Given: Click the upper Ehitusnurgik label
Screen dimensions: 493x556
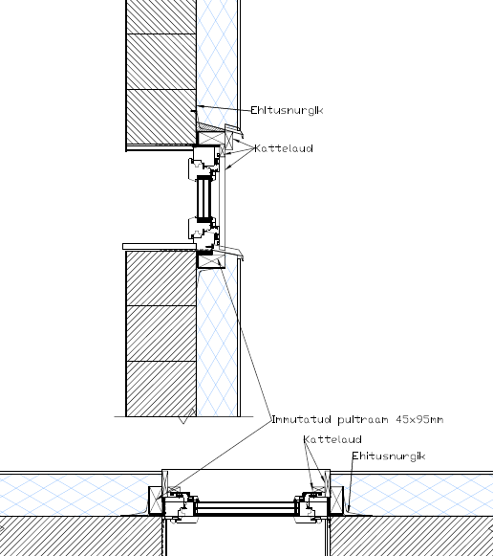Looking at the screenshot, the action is click(287, 110).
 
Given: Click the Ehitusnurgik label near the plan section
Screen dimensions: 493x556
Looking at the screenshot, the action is click(389, 456).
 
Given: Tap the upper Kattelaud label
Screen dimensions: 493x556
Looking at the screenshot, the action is click(284, 148).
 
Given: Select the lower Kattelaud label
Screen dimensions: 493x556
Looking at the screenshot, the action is click(332, 439).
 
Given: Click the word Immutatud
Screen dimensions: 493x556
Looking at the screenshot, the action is click(302, 419).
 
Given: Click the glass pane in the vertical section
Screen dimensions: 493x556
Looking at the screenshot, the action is click(204, 199).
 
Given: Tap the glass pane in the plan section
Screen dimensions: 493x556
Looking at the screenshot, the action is click(246, 508).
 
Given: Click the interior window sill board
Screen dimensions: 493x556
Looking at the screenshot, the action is click(160, 247).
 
